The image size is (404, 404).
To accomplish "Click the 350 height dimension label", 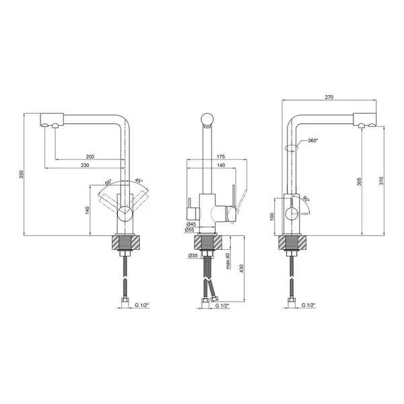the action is [x=22, y=174].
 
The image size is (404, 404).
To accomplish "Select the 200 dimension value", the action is [x=90, y=156].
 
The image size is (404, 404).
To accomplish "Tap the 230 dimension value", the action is [x=85, y=165].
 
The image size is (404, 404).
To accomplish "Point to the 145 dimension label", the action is [x=88, y=210].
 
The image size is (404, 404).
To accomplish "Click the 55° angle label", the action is [x=108, y=182].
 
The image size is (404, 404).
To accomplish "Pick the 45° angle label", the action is [x=139, y=181].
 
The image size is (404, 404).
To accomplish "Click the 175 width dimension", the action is [x=221, y=156].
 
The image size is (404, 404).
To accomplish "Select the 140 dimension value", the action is [x=221, y=165].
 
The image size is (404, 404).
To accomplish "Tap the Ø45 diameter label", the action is [x=191, y=224].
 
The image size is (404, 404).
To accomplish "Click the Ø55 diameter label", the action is [x=189, y=230].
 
